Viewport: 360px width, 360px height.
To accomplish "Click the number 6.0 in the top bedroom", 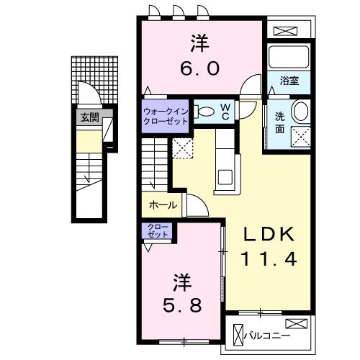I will [x=200, y=68].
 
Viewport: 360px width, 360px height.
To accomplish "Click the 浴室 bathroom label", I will [x=289, y=81].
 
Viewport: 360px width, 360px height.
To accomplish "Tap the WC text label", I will [x=225, y=112].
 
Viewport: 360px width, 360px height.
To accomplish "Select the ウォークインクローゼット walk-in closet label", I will [x=166, y=116].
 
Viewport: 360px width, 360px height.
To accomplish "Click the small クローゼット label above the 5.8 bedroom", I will [x=157, y=231].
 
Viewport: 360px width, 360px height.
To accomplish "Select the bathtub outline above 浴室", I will [x=288, y=58].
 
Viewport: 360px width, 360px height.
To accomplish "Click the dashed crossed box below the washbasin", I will [x=300, y=135].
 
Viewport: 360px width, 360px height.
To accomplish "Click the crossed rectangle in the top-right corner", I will [x=287, y=31].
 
